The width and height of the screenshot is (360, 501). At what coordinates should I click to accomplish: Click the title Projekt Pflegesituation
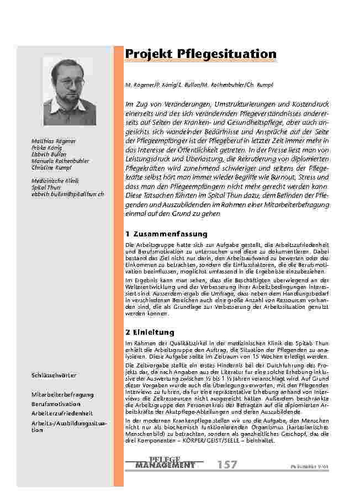200,54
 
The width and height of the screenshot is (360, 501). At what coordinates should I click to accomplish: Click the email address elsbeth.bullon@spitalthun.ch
68,194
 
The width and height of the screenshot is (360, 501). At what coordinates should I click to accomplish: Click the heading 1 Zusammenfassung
166,234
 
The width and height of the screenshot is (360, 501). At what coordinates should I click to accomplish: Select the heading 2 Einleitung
150,333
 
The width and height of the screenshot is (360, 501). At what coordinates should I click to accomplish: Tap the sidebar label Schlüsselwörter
54,376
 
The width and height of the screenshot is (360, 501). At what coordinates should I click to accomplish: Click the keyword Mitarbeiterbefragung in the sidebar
62,394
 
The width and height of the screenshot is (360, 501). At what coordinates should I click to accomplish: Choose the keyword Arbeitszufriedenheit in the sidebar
61,413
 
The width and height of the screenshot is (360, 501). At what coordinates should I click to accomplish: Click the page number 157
227,465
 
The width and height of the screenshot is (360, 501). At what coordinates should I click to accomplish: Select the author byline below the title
199,85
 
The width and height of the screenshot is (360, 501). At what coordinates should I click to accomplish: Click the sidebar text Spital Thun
46,188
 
